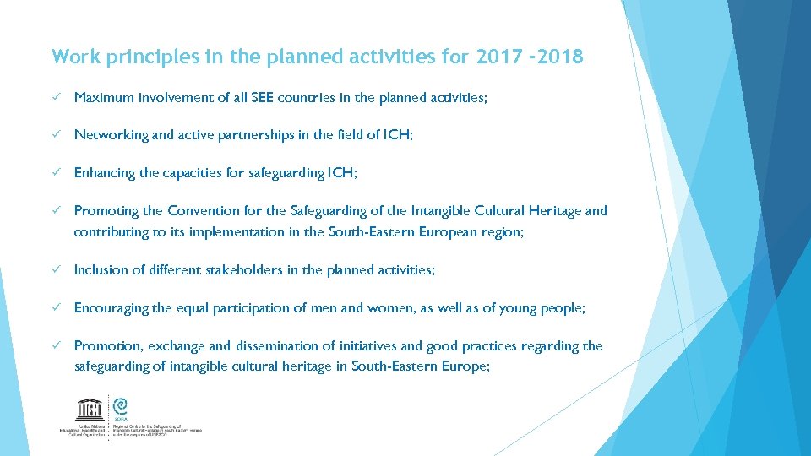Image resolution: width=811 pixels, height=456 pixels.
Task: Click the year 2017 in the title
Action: (x=500, y=57)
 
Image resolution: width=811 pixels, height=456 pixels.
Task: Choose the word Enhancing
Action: (x=105, y=173)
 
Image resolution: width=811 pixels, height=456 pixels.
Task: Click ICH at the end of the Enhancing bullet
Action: (x=339, y=173)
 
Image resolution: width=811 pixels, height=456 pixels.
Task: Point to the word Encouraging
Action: (x=111, y=308)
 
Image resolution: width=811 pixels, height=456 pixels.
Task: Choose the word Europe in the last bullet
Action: (x=463, y=366)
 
